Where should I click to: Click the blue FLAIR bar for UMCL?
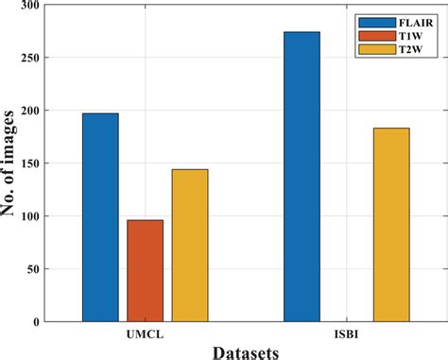click(x=100, y=217)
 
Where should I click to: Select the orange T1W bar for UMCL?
click(x=146, y=271)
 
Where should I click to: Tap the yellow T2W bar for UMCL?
click(x=190, y=246)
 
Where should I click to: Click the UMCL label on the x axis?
click(x=145, y=334)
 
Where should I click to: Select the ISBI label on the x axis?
click(x=346, y=334)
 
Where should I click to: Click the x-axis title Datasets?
click(x=244, y=351)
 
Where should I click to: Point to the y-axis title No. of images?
click(x=11, y=165)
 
